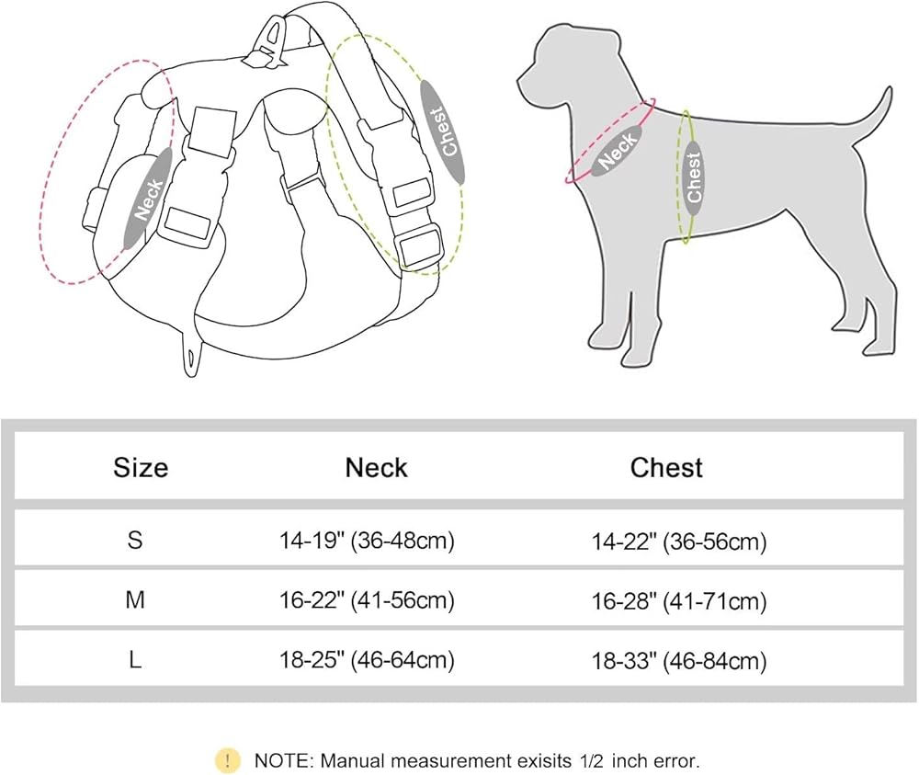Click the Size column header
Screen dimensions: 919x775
click(x=141, y=468)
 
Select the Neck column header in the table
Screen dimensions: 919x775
click(x=376, y=468)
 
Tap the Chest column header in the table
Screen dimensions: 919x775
click(x=666, y=468)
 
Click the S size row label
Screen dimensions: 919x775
click(x=135, y=541)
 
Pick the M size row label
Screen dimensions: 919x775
click(x=135, y=600)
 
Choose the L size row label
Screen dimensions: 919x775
click(x=135, y=660)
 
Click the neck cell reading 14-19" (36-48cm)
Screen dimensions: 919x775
click(x=367, y=541)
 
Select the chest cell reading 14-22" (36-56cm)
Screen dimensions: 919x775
click(x=679, y=542)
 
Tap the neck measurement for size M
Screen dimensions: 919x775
click(x=367, y=601)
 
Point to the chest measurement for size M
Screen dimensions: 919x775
click(x=679, y=602)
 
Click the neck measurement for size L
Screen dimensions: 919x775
click(x=367, y=660)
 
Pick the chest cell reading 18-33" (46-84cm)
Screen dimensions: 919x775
click(x=679, y=661)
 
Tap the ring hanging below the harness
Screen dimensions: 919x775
click(x=191, y=354)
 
